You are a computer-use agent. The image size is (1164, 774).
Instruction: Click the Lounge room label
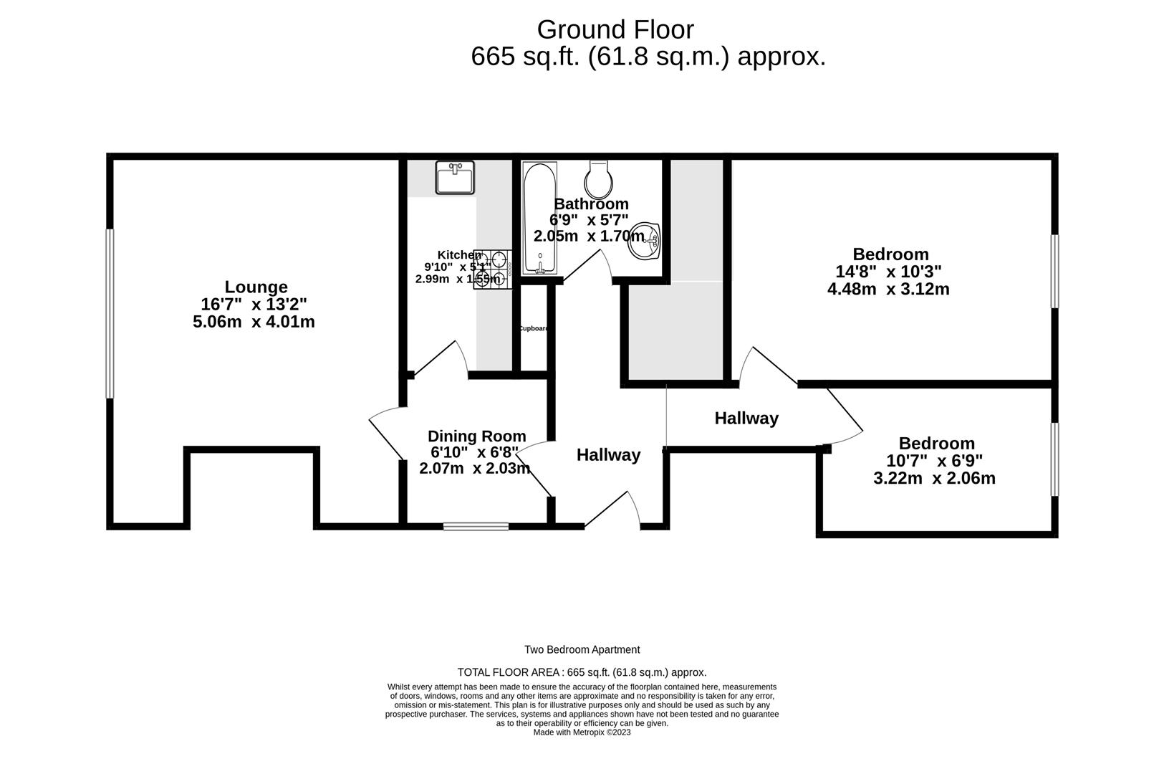[x=256, y=287]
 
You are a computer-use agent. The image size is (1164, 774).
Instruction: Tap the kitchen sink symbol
[x=454, y=178]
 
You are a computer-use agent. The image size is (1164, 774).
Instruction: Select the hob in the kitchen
[x=493, y=269]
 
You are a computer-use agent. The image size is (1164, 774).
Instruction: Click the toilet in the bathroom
[x=598, y=179]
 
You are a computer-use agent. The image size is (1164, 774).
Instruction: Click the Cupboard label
[x=533, y=329]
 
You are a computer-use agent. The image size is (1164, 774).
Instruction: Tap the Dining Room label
[x=476, y=436]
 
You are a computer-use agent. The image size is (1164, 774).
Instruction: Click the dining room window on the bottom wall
[x=476, y=526]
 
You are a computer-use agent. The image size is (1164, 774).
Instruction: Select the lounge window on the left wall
[x=110, y=313]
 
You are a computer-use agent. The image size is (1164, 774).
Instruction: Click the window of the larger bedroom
[x=1054, y=272]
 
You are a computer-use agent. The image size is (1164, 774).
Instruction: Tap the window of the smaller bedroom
[x=1054, y=459]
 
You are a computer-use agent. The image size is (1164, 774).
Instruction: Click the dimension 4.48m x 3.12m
[x=888, y=290]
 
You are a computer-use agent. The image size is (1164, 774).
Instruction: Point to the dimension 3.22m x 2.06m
[x=934, y=478]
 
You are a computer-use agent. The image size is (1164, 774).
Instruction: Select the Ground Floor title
[x=615, y=30]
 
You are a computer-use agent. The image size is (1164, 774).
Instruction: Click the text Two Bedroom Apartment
[x=582, y=650]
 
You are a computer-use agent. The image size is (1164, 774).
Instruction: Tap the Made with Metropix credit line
[x=582, y=732]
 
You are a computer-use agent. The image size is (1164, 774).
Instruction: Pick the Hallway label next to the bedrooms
[x=746, y=419]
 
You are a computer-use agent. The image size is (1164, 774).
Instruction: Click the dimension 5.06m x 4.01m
[x=254, y=322]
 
